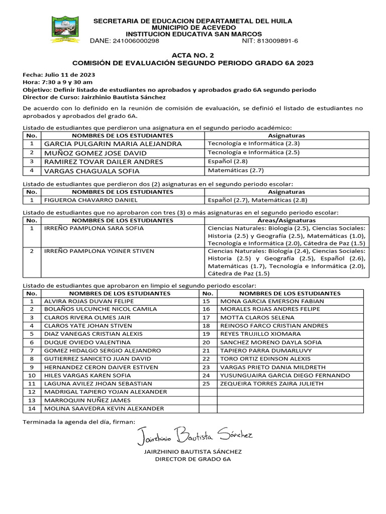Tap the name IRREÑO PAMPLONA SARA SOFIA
click(94, 228)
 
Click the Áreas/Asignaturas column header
click(286, 220)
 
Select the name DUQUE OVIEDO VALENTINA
click(83, 342)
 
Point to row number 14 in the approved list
click(32, 409)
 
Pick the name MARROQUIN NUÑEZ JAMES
click(87, 400)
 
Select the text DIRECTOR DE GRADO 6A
click(192, 459)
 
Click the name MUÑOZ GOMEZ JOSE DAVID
click(95, 153)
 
